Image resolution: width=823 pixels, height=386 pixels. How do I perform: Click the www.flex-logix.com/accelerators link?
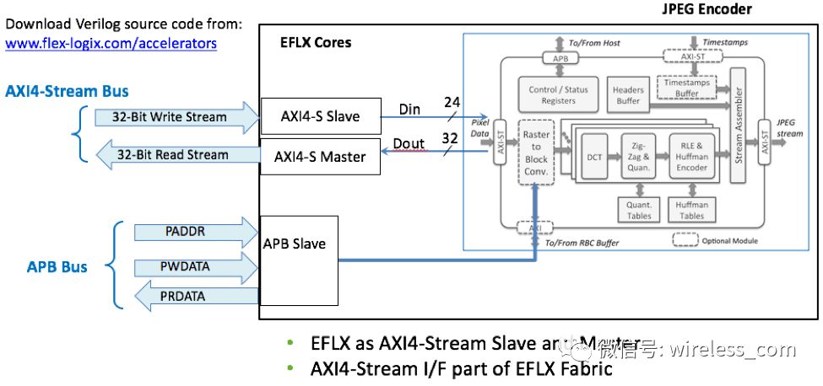point(111,42)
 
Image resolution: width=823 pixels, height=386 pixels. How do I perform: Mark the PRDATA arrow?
point(181,296)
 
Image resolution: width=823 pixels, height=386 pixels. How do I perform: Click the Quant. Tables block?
point(638,208)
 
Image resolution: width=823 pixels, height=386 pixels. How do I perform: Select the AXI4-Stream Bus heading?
point(68,89)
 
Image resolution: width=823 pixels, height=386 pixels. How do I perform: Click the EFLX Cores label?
point(315,42)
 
